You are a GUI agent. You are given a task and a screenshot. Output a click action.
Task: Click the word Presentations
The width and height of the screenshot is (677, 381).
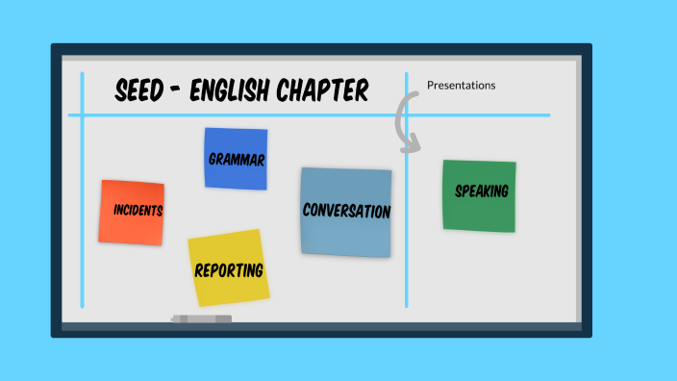[461, 86]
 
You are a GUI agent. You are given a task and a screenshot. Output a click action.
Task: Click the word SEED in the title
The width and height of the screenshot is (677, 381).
[138, 91]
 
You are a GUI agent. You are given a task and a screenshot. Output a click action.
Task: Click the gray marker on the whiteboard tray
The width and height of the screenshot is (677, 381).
[202, 318]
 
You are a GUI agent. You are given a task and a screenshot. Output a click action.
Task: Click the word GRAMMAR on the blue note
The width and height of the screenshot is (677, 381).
[237, 159]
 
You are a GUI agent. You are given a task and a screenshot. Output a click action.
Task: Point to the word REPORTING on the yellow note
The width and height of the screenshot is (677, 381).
[229, 270]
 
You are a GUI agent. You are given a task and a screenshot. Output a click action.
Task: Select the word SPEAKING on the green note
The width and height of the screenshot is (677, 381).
[481, 191]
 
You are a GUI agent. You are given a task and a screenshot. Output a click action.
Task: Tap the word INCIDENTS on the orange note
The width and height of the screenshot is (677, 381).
[138, 210]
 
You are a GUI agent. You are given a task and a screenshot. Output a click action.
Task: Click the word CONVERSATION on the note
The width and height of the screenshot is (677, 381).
[346, 211]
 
